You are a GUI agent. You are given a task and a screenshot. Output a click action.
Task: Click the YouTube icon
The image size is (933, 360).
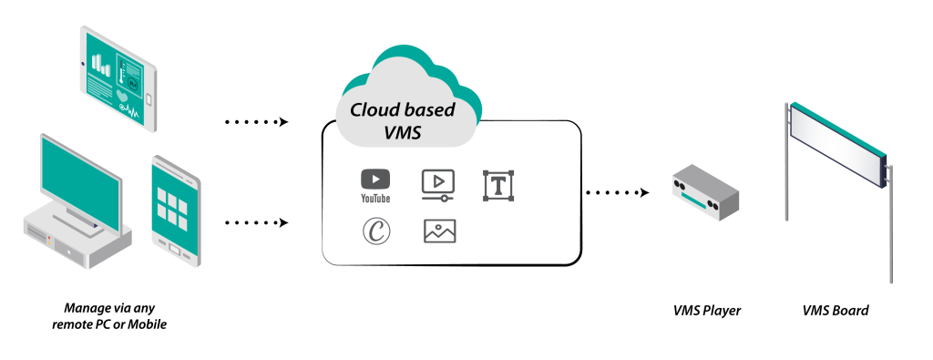375,180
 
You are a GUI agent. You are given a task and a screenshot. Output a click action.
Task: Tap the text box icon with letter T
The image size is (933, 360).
498,186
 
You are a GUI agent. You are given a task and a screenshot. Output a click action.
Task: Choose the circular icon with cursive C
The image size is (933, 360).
375,231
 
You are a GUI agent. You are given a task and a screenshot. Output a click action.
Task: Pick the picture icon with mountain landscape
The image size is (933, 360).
439,231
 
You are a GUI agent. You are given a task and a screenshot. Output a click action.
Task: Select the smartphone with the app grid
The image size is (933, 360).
174,210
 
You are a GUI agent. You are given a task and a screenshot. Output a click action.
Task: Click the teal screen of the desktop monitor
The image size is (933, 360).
80,181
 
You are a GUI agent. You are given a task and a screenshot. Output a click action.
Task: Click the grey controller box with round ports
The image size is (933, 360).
705,193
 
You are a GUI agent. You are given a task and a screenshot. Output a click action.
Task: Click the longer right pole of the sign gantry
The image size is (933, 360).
891,228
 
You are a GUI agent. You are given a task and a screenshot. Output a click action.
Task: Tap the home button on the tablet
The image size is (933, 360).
148,99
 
